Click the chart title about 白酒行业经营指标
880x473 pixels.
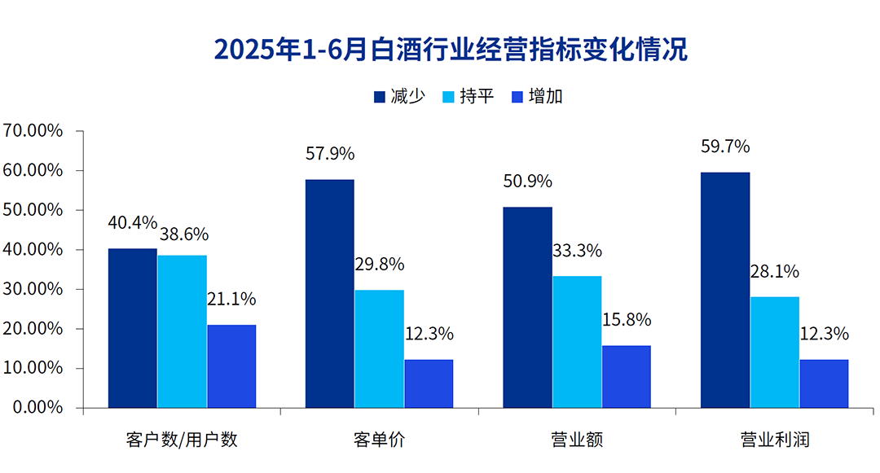tap(451, 49)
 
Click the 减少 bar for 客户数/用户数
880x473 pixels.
tap(133, 328)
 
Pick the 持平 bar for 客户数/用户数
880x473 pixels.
tap(182, 331)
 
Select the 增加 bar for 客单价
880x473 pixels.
tap(429, 383)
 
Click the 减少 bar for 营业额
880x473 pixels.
tap(527, 307)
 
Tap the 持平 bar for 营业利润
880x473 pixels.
tap(774, 352)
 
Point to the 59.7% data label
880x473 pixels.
tap(725, 147)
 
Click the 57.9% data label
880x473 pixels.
tap(330, 154)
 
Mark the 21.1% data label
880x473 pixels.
tap(231, 299)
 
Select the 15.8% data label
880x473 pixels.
tap(627, 320)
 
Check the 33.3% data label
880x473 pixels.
tap(577, 251)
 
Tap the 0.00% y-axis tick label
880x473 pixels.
tap(37, 407)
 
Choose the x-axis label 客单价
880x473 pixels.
tap(379, 440)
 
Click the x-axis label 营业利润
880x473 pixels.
tap(774, 440)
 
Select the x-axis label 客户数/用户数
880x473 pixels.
tap(182, 440)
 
